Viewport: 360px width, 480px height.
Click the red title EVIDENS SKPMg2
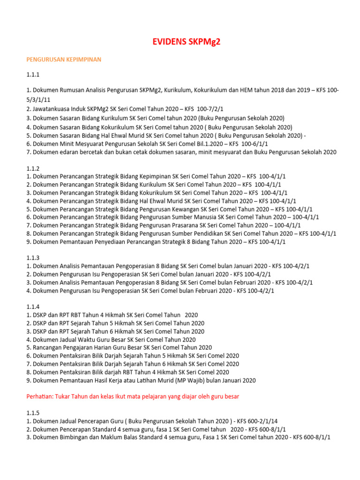click(186, 42)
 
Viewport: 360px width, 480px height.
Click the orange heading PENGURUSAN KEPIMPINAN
click(64, 60)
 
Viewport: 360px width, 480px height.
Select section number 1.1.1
click(33, 75)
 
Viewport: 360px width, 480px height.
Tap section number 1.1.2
click(33, 168)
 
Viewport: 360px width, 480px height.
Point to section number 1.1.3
click(33, 258)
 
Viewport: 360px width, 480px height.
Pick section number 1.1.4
click(33, 307)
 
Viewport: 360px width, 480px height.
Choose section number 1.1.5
click(33, 412)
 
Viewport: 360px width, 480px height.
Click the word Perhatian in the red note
click(40, 396)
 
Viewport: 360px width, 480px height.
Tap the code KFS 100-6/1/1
click(262, 143)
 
